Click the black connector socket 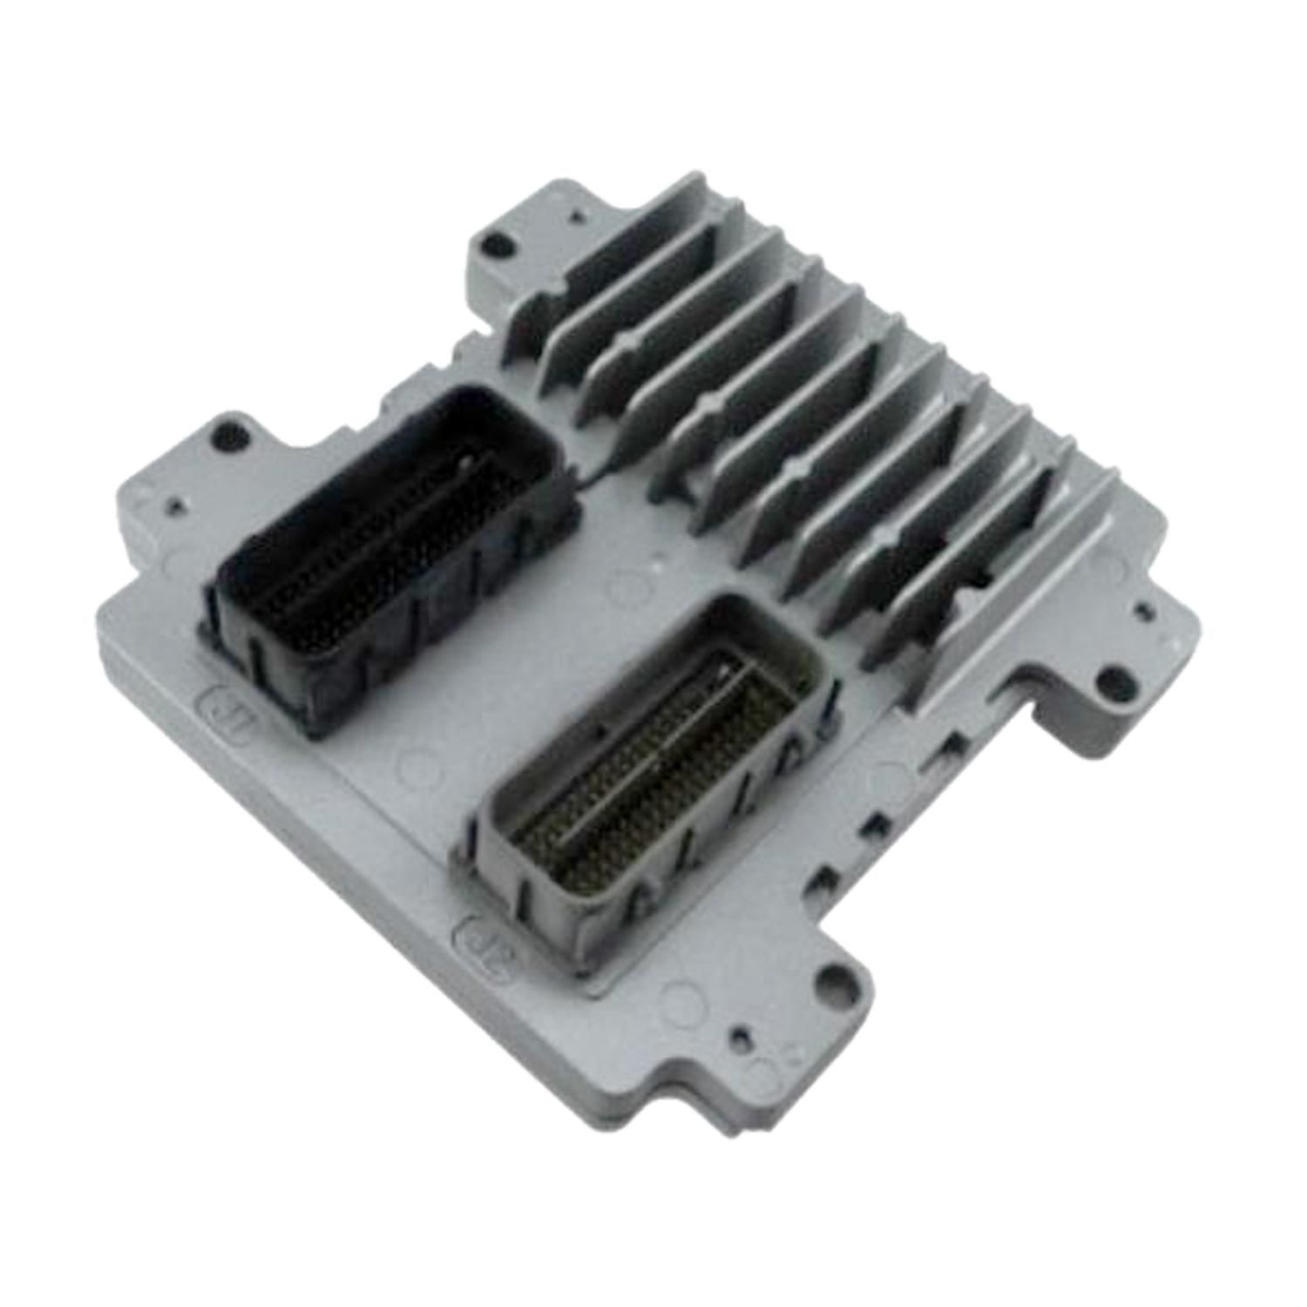point(383,558)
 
